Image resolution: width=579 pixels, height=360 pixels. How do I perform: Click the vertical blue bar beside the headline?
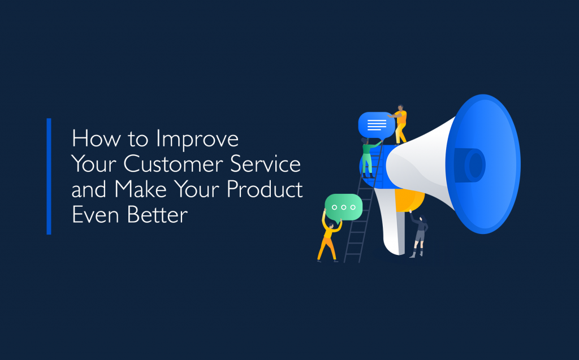pos(49,176)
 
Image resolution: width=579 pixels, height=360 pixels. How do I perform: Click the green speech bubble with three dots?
pos(343,207)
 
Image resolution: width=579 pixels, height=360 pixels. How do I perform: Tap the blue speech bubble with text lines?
pos(376,125)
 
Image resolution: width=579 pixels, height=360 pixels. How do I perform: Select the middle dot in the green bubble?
pos(343,207)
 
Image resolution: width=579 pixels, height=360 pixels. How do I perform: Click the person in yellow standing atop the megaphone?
pos(400,124)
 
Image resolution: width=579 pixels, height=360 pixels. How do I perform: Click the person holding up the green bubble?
pos(329,237)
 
